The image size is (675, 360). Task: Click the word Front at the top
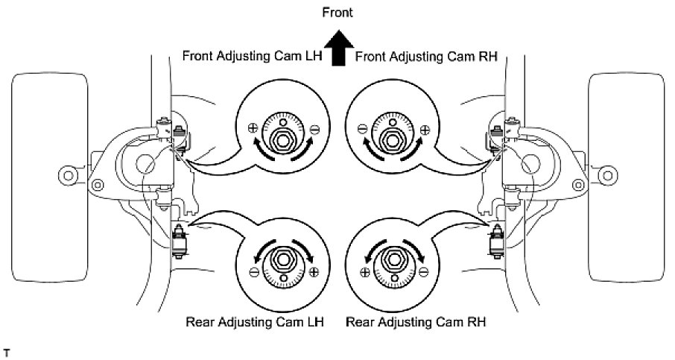[337, 12]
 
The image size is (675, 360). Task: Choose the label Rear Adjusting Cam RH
[420, 323]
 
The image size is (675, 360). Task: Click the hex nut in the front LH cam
[282, 137]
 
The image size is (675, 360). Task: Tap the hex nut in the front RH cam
[390, 137]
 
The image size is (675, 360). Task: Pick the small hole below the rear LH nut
[282, 279]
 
